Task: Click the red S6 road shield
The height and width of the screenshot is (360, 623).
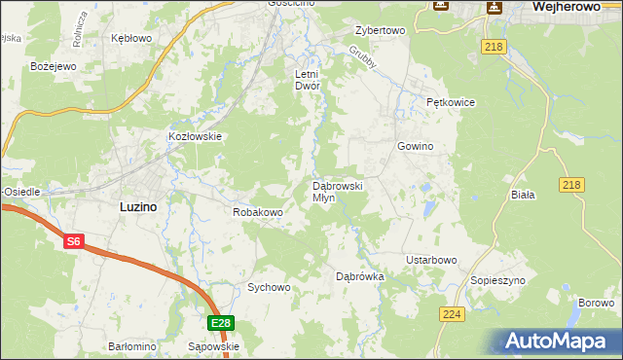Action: tap(74, 241)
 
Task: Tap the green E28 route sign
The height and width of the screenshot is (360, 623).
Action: tap(221, 323)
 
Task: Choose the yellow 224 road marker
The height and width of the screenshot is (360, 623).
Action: tap(451, 314)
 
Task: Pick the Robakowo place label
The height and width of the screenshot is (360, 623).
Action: tap(257, 211)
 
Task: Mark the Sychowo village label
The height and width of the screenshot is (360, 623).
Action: tap(269, 287)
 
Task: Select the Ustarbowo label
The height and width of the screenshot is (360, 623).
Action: tap(431, 260)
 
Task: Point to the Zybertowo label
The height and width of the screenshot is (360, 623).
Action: tap(380, 30)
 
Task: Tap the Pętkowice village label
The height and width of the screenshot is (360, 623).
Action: tap(449, 102)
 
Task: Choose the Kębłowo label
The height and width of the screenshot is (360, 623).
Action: tap(131, 38)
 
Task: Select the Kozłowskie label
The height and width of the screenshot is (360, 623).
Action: tap(196, 137)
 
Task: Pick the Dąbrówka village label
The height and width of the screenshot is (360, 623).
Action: tap(360, 276)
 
